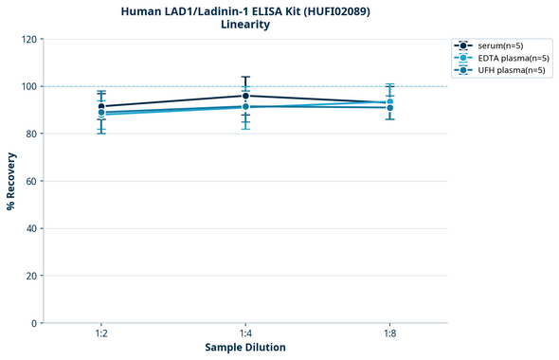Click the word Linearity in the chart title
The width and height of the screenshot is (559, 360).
[x=245, y=25]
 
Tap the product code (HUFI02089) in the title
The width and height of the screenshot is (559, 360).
[x=337, y=10]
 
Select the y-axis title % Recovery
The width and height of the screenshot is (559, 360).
[x=11, y=180]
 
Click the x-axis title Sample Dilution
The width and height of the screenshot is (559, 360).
[x=245, y=348]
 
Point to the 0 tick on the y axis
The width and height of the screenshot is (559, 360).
[x=33, y=323]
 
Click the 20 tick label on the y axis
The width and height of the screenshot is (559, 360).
[x=30, y=276]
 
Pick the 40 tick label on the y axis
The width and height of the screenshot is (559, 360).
[x=30, y=228]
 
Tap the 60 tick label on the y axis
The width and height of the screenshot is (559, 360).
[x=30, y=181]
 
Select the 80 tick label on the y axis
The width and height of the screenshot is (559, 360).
[x=30, y=134]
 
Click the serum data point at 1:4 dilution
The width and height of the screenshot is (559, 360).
[x=245, y=96]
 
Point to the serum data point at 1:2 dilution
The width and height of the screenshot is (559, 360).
[x=101, y=106]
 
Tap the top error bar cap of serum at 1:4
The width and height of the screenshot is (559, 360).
[x=245, y=77]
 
